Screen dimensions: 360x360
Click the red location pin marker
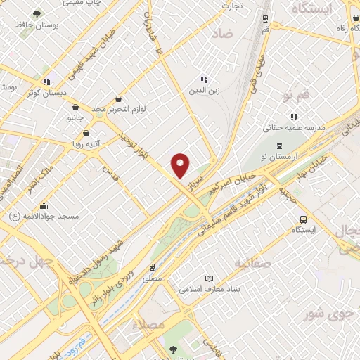pos(181,166)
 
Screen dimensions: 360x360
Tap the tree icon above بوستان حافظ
pos(37,13)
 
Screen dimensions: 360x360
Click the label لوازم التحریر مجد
pos(108,110)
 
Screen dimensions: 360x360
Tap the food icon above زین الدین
pos(204,79)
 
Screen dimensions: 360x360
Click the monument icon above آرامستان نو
pos(279,145)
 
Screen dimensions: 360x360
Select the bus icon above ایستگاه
pos(303,219)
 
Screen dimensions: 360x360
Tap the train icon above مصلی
pos(151,267)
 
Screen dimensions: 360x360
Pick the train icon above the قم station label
pos(264,20)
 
